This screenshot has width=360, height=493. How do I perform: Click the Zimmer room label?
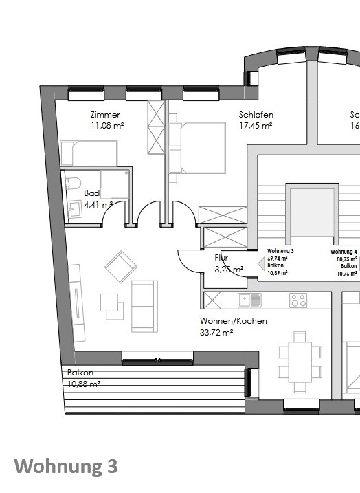pos(105,115)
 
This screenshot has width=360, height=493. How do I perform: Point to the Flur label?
pos(221,259)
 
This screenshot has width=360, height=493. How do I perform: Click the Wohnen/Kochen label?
pos(234,321)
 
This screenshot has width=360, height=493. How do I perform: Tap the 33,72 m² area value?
pos(217,332)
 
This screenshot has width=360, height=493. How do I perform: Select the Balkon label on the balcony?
pos(80,373)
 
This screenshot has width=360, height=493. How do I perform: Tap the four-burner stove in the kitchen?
pos(298,300)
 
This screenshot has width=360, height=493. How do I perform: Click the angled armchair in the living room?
pos(120,265)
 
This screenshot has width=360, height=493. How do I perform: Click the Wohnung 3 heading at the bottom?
pos(66,467)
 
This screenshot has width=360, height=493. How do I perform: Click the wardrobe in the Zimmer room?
pos(157,127)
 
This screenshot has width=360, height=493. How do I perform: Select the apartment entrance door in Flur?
pos(190,261)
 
